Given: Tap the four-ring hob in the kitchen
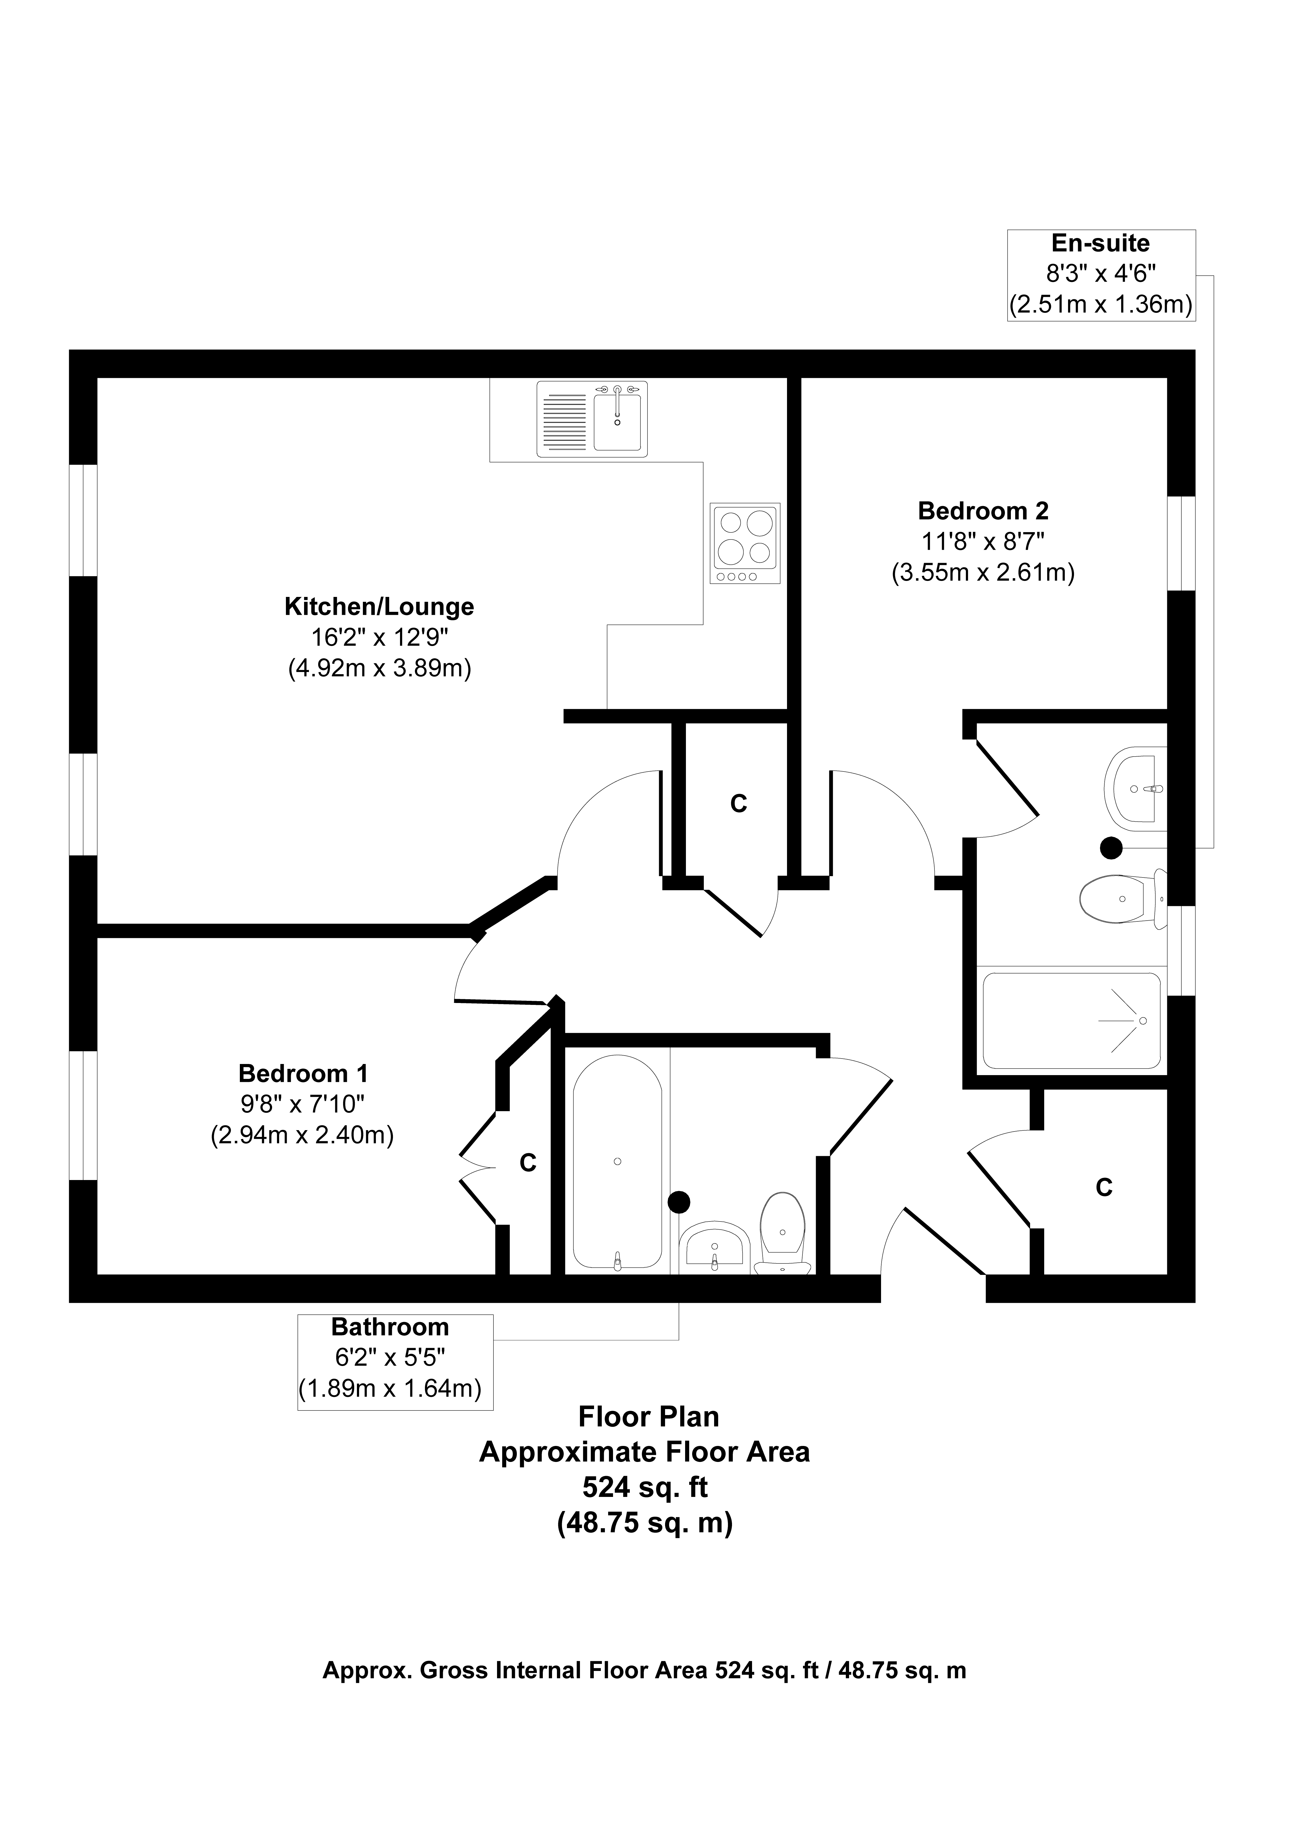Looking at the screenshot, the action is (745, 543).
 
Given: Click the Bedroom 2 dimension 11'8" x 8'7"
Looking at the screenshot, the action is (983, 542).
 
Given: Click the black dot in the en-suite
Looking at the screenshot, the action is (1111, 848).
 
